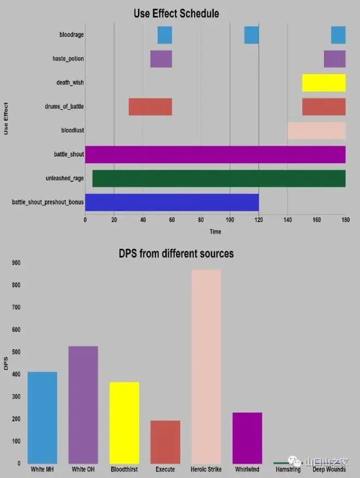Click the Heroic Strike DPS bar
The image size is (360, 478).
206,366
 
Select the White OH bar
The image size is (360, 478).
83,404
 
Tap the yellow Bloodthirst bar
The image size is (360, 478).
124,422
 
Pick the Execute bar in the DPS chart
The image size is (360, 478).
165,441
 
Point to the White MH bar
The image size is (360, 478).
43,417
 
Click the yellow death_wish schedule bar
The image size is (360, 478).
324,83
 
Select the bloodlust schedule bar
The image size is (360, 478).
316,131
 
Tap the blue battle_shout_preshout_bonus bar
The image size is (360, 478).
172,202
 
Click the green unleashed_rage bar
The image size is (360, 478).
219,178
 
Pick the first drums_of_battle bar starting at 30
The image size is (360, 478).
150,107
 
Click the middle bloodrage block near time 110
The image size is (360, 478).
251,35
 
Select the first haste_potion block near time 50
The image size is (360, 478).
161,59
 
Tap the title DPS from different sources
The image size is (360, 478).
176,254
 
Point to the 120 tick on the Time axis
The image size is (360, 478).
259,220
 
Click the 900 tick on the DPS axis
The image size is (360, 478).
16,262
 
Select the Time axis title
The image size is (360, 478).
215,232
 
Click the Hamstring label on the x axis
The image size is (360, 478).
288,469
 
